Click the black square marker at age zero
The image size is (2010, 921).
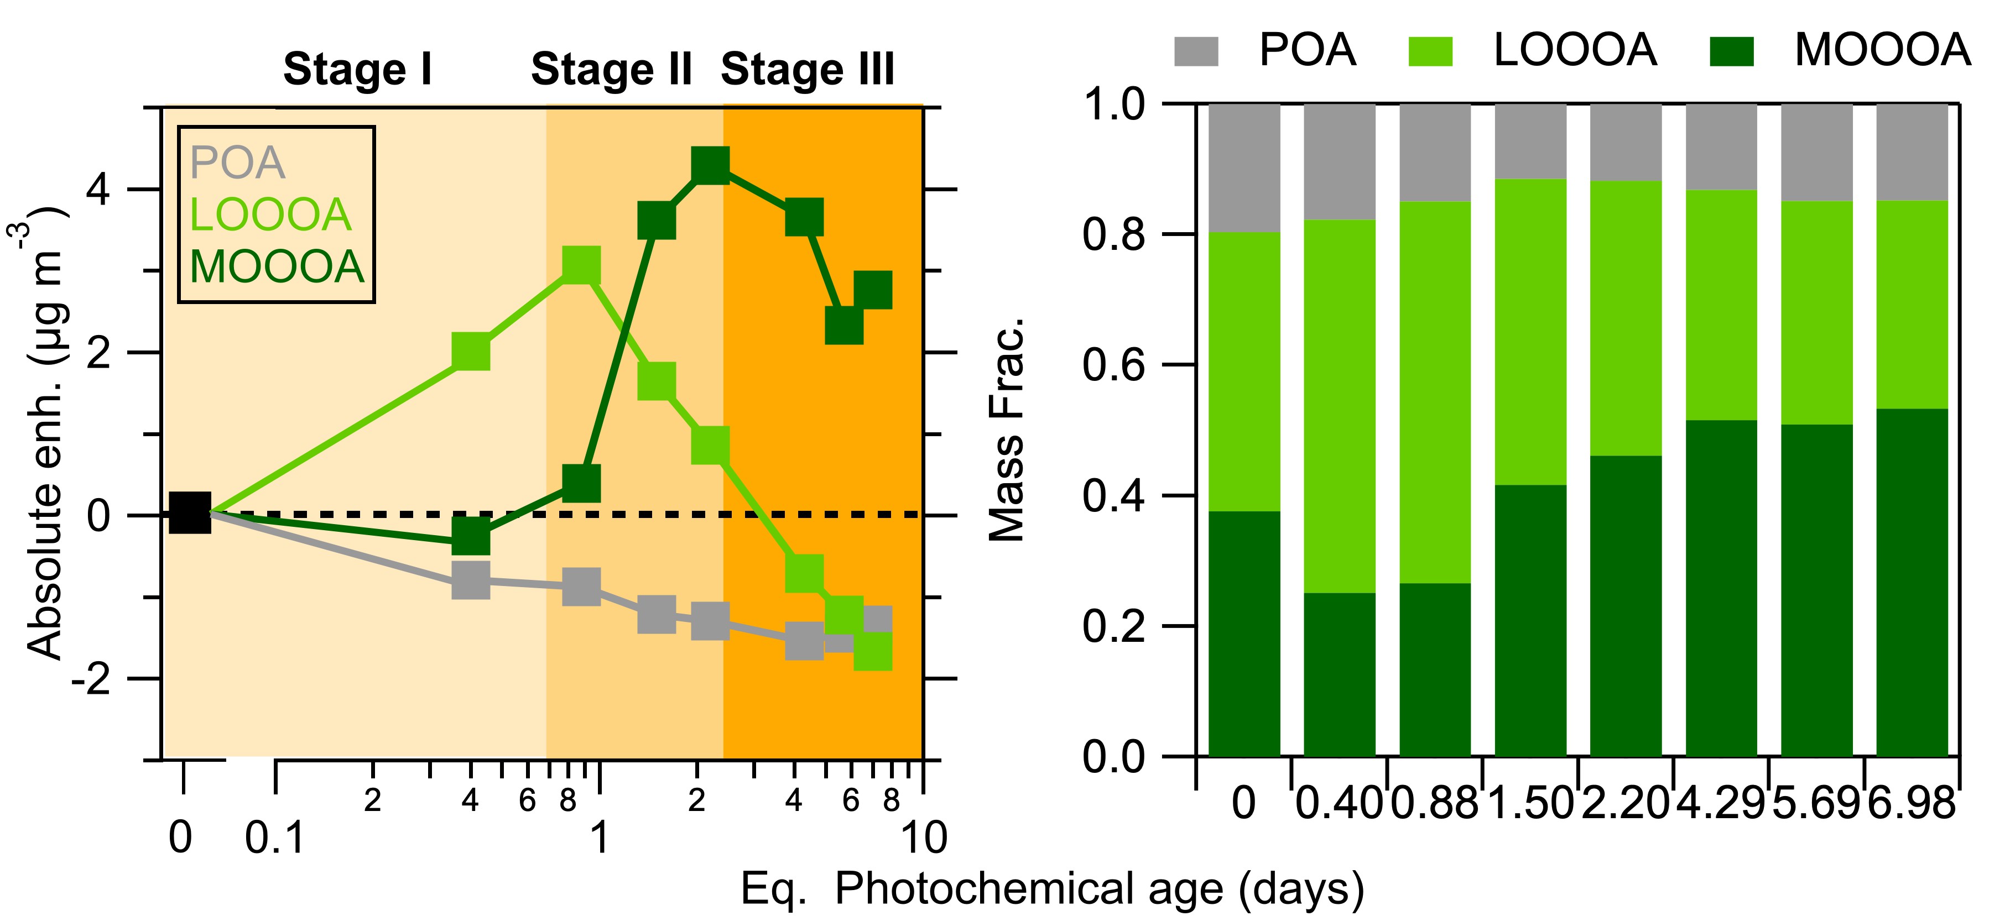[190, 512]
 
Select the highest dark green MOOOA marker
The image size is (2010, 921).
[710, 165]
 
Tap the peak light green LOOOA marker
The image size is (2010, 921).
[581, 266]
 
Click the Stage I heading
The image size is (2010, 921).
[357, 70]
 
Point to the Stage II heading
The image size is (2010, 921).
[611, 70]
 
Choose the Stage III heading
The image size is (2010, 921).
[808, 70]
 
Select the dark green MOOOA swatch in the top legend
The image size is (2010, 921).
[1731, 51]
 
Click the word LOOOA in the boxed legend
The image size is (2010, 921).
[270, 214]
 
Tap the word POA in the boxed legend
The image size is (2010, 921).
[237, 163]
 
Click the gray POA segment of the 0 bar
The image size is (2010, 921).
[1244, 168]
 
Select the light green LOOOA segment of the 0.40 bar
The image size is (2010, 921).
[1339, 406]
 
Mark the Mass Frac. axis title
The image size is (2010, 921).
[1007, 429]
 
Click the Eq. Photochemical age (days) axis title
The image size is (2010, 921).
[1052, 889]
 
